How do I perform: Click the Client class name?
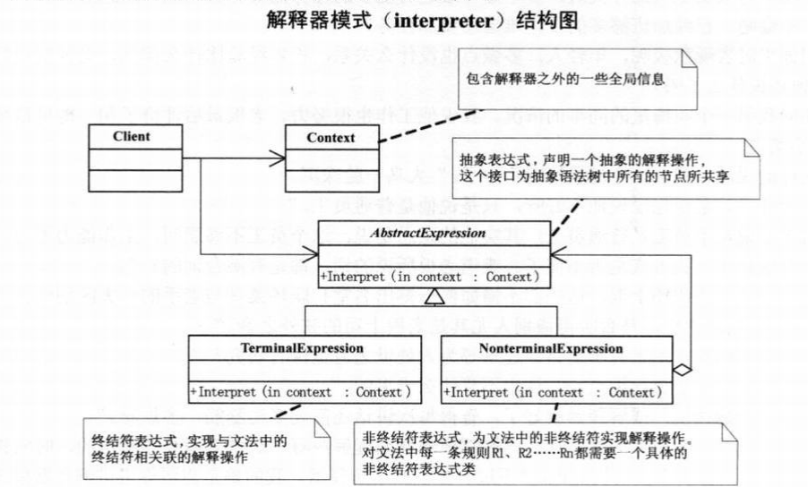132,137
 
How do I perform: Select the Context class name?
331,138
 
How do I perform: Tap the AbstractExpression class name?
430,233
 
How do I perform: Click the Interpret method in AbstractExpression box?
430,277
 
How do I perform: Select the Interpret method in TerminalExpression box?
301,391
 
